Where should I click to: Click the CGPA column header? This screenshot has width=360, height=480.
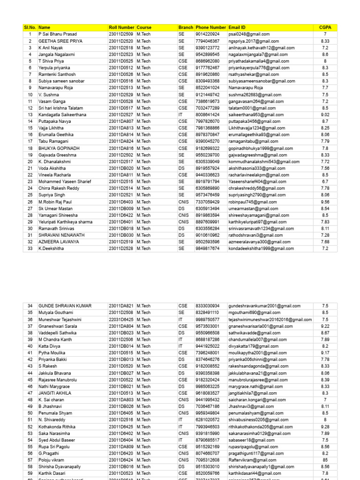[325, 28]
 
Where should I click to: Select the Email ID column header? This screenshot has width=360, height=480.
[237, 28]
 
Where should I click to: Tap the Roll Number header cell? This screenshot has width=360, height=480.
[121, 28]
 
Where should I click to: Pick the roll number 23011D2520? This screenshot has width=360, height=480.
[121, 41]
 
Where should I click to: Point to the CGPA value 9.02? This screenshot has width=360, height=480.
[325, 114]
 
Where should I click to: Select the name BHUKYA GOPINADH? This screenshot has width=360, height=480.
[59, 148]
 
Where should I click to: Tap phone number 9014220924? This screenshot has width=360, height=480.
[207, 34]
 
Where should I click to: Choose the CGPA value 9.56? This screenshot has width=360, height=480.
[325, 202]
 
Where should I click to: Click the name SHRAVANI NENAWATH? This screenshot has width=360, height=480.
[61, 235]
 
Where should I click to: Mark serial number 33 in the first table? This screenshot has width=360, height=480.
[30, 248]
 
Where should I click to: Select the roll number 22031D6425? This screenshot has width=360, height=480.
[121, 320]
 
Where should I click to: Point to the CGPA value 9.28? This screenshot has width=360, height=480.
[325, 427]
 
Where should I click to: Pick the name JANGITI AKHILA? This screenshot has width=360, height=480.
[55, 393]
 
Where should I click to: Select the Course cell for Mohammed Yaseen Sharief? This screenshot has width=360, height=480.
[143, 181]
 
